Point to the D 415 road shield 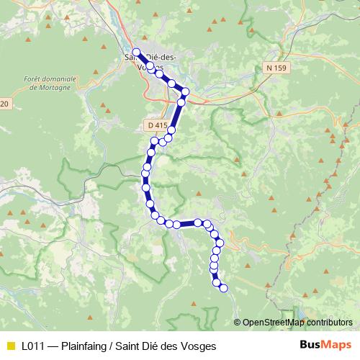pos(156,125)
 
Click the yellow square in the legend pos(10,346)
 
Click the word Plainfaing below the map pos(86,346)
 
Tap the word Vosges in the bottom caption pos(198,346)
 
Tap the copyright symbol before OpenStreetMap pos(237,323)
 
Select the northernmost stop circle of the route pos(136,52)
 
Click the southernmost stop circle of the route pos(223,288)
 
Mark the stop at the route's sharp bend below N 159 pos(185,91)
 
